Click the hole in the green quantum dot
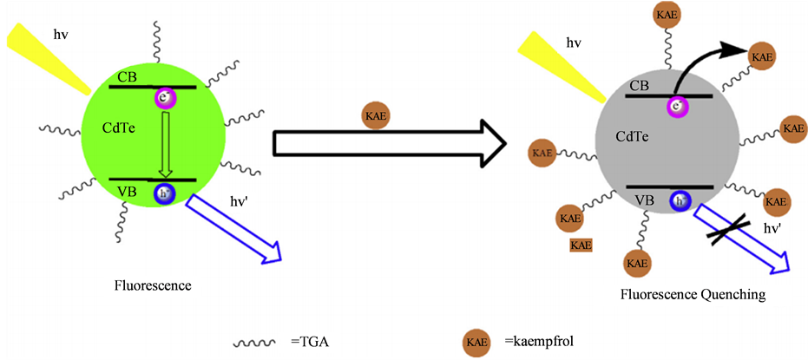[164, 193]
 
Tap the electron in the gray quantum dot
[676, 107]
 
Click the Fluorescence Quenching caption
[693, 295]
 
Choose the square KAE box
[581, 245]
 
